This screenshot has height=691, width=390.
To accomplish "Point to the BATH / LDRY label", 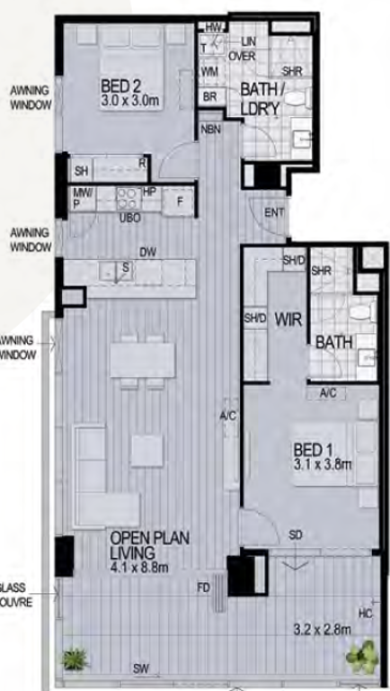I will pyautogui.click(x=263, y=98).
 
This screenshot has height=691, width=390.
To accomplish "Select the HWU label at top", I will pyautogui.click(x=214, y=28).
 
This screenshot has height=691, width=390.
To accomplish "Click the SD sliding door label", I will pyautogui.click(x=295, y=536).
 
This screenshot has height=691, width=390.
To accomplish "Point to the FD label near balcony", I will pyautogui.click(x=204, y=588).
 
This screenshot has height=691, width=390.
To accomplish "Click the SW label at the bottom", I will pyautogui.click(x=139, y=669).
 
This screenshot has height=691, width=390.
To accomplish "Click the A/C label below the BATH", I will pyautogui.click(x=327, y=393).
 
